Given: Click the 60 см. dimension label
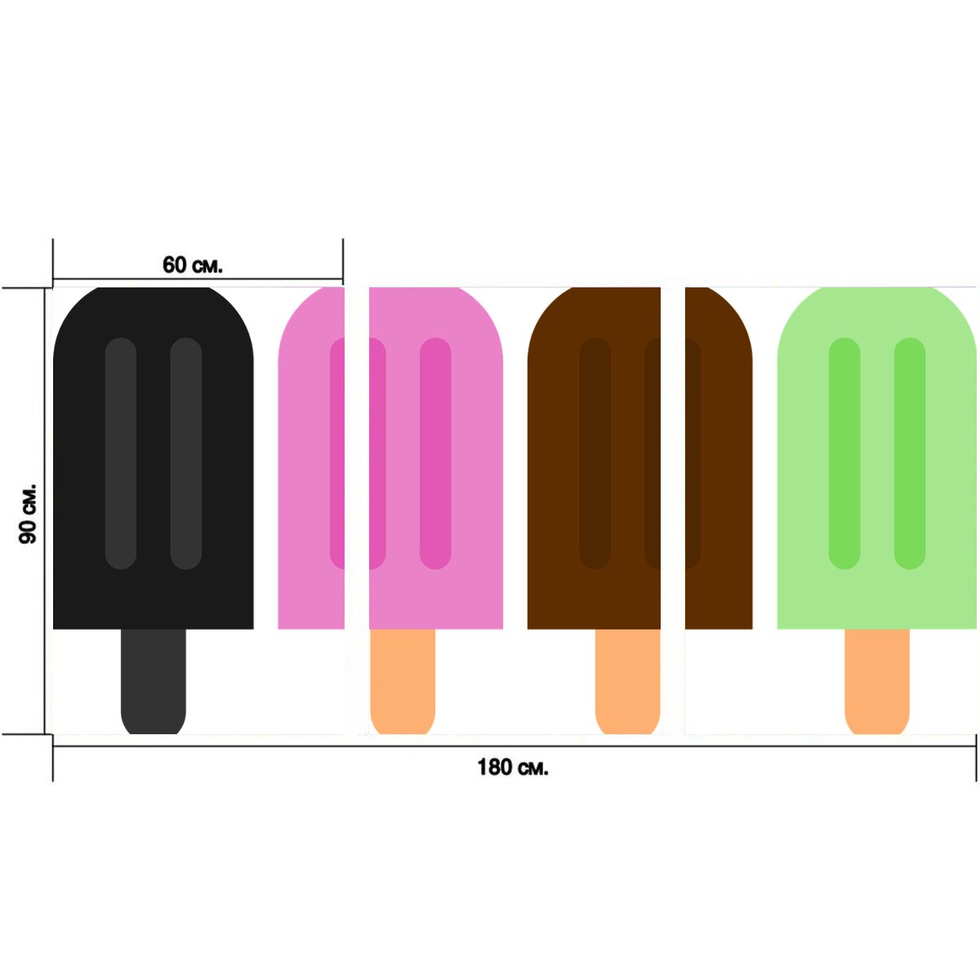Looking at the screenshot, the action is point(192,265).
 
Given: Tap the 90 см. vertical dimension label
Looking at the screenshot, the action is point(28,514).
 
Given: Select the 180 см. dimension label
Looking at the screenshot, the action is point(513,767).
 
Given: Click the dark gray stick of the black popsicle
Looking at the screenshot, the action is point(153,681).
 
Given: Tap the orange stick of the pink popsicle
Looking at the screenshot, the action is point(403,681).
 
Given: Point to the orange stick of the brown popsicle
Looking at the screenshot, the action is point(627,681).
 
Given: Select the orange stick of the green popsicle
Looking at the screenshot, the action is point(877,681).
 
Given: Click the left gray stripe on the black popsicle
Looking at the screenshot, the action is point(121,453).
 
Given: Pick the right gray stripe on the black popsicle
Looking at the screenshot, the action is point(186,453).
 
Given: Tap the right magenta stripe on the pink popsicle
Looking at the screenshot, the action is point(435,453).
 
